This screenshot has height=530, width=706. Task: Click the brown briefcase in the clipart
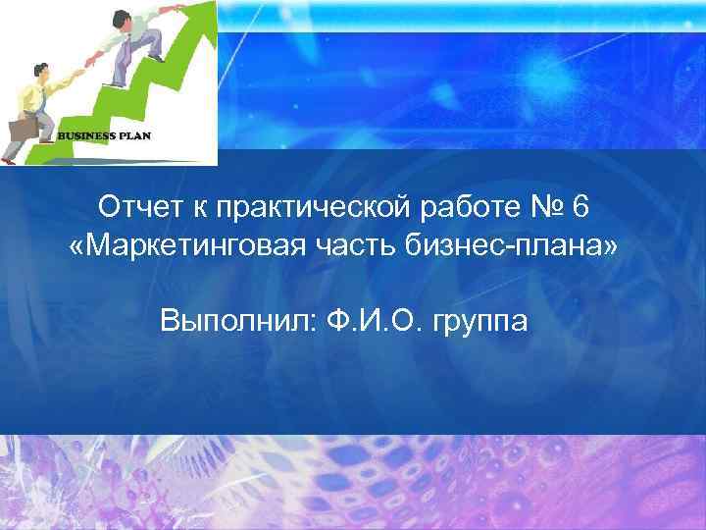click(23, 129)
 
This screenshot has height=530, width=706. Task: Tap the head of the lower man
click(40, 71)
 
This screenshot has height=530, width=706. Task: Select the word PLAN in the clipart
click(135, 135)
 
